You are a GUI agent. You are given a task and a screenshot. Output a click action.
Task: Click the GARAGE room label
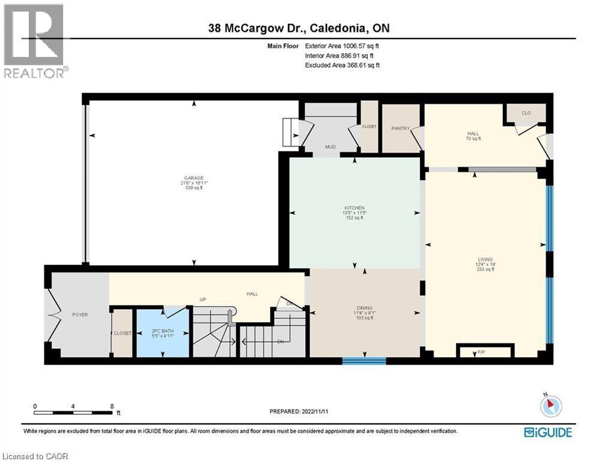[193, 178]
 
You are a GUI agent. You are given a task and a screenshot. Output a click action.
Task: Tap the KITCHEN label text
[354, 208]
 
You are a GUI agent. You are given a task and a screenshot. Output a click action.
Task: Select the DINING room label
[364, 308]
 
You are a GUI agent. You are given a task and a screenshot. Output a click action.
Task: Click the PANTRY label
[400, 128]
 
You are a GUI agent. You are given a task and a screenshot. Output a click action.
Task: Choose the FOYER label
[80, 315]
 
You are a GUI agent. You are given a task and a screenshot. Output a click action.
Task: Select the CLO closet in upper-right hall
[526, 112]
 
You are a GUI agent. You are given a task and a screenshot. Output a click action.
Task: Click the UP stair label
[203, 299]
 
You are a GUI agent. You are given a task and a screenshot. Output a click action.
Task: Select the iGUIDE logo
[548, 432]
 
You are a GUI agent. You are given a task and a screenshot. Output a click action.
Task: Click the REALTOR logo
[34, 41]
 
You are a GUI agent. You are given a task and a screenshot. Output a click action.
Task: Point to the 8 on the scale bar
[112, 406]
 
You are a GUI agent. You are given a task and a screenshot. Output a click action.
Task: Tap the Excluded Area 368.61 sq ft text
[342, 65]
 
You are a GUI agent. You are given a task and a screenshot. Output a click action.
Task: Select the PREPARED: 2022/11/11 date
[299, 411]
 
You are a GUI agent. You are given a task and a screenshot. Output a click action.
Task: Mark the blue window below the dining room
[364, 360]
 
